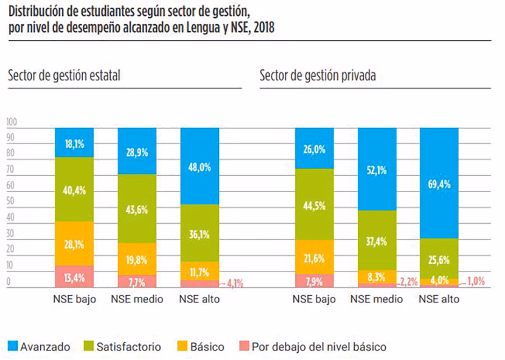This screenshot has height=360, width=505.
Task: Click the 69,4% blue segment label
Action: click(x=439, y=184)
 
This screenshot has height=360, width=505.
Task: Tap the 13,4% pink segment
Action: click(x=74, y=277)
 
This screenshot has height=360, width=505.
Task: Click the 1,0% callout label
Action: click(x=476, y=281)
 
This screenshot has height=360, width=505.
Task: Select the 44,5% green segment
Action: click(x=314, y=205)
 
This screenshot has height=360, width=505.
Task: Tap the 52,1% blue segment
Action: click(x=377, y=171)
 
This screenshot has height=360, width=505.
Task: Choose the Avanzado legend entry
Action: click(x=39, y=347)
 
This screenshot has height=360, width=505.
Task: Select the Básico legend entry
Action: click(x=201, y=347)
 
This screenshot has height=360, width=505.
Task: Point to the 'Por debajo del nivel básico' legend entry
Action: click(x=312, y=347)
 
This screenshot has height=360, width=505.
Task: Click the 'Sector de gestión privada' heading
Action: click(x=317, y=75)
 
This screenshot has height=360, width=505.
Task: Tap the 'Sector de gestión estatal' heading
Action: click(x=64, y=75)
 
